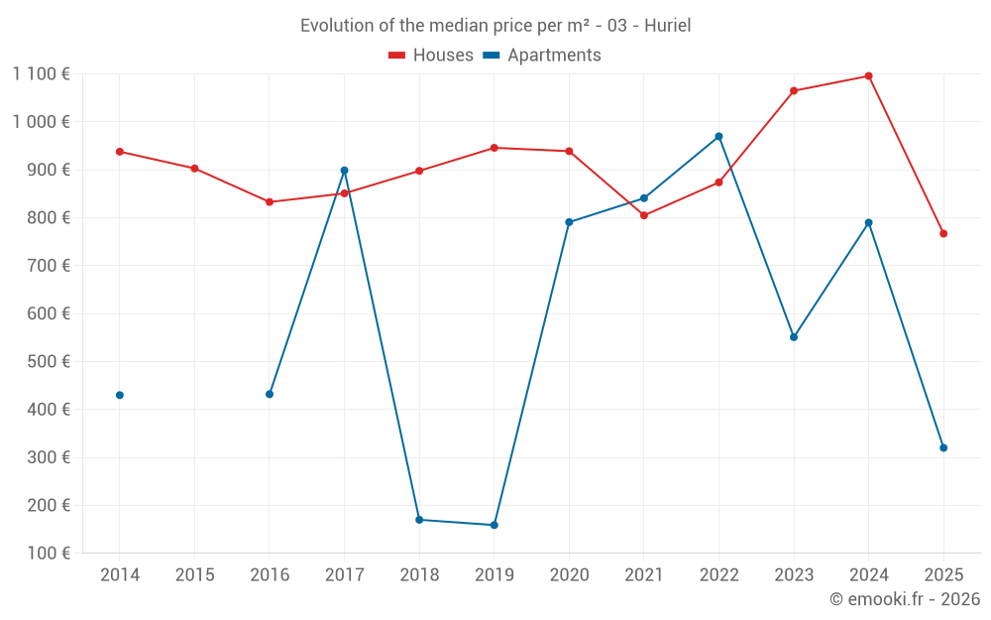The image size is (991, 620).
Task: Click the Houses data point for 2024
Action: [869, 76]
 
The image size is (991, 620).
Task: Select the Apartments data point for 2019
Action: [495, 525]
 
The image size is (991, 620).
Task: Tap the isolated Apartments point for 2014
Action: [120, 395]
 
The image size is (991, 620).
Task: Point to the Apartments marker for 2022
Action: [718, 137]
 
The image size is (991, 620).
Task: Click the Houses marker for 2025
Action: [943, 234]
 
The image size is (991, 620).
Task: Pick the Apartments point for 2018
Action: [419, 520]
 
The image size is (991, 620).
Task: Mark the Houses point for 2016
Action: [270, 202]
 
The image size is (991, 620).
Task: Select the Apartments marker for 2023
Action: [794, 337]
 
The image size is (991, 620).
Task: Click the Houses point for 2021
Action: [644, 215]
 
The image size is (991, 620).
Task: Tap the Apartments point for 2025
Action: [943, 447]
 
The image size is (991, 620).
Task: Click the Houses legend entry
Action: [431, 56]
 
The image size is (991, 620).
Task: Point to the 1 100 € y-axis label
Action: [42, 73]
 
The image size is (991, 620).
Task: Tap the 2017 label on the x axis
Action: [344, 575]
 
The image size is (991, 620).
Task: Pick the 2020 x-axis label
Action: [569, 575]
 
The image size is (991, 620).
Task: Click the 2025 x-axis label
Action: [943, 575]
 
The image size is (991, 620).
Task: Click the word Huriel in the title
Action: [668, 26]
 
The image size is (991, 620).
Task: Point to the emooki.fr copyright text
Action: [905, 599]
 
